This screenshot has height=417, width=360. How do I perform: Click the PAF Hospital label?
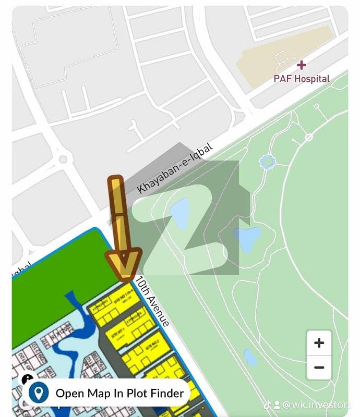tap(302, 79)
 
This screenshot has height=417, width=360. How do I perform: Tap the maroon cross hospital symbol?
tap(301, 65)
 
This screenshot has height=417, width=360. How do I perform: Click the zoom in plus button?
tap(319, 343)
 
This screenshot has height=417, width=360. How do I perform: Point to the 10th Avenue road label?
tap(152, 301)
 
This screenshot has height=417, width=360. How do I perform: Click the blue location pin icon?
tap(38, 393)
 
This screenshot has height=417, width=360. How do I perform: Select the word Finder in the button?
tap(166, 393)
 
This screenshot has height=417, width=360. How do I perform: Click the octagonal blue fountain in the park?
tap(268, 162)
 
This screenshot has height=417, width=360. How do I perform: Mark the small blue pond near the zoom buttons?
tap(251, 357)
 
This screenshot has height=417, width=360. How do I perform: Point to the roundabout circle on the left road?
tap(64, 158)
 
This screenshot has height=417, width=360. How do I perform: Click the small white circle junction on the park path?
tap(309, 138)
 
